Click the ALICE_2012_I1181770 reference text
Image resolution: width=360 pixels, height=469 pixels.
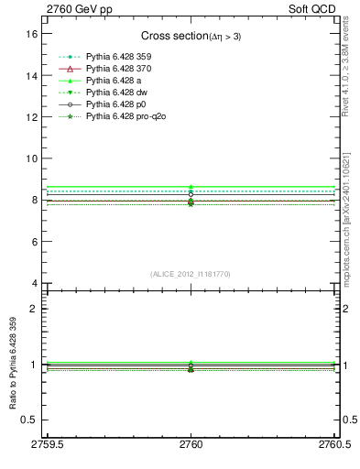(190, 274)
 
